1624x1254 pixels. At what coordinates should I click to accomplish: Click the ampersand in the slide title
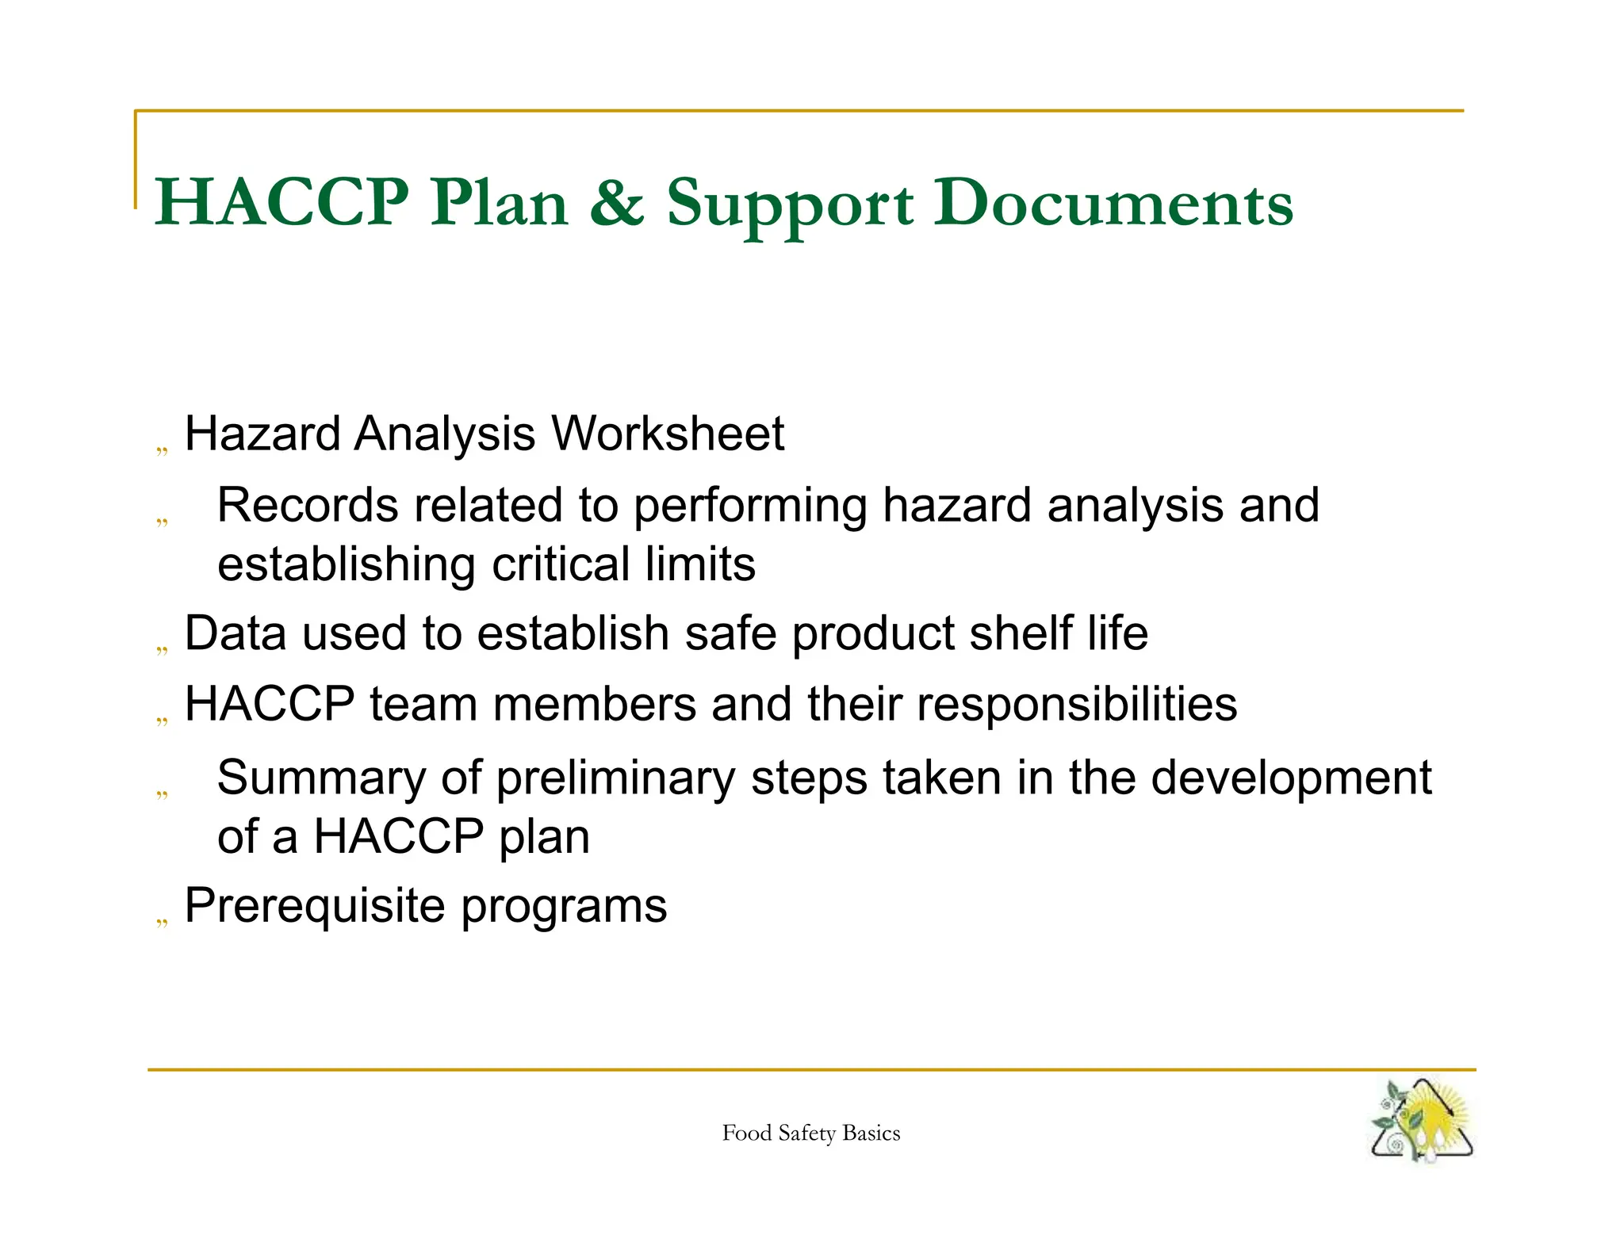pyautogui.click(x=616, y=203)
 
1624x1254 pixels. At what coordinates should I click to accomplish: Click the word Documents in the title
pyautogui.click(x=1113, y=203)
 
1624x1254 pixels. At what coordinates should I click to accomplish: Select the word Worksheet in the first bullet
pyautogui.click(x=667, y=434)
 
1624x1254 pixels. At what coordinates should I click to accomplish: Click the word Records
pyautogui.click(x=307, y=505)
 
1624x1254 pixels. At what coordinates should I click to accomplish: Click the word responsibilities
pyautogui.click(x=1076, y=704)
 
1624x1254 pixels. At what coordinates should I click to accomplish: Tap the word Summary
pyautogui.click(x=321, y=778)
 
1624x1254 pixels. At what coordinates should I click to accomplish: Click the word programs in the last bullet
pyautogui.click(x=564, y=908)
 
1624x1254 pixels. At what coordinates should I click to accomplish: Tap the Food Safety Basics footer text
pyautogui.click(x=810, y=1134)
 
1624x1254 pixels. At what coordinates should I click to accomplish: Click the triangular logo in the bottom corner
pyautogui.click(x=1422, y=1121)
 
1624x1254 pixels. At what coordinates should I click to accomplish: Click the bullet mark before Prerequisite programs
pyautogui.click(x=162, y=921)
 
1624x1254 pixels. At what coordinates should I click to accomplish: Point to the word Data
pyautogui.click(x=228, y=633)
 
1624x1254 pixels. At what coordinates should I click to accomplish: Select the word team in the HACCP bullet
pyautogui.click(x=423, y=704)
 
